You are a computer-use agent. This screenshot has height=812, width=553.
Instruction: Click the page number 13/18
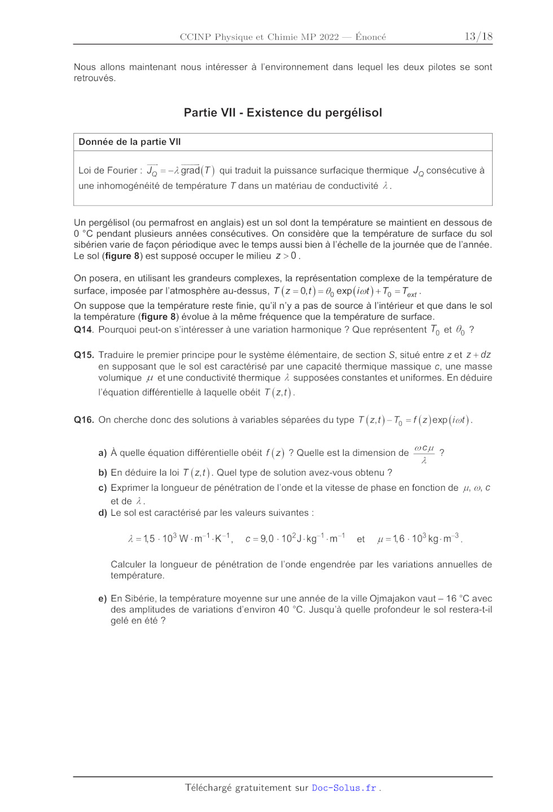pos(478,37)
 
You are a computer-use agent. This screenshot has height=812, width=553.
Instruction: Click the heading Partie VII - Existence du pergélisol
pos(283,113)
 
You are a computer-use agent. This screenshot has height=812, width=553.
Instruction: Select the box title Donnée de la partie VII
pos(130,142)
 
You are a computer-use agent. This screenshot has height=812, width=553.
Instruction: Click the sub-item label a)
pos(102,453)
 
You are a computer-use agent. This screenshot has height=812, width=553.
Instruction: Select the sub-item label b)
pos(102,473)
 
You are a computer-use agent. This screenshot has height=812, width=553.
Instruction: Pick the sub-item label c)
pos(102,488)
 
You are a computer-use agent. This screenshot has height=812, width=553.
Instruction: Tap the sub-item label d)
pos(102,513)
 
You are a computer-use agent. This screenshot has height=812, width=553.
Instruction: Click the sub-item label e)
pos(102,598)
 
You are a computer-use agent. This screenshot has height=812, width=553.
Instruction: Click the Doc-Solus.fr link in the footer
pos(344,788)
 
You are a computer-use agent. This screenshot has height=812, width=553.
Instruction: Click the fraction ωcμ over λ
pos(424,454)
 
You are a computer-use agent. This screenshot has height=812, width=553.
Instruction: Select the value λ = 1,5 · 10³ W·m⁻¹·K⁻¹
pos(179,539)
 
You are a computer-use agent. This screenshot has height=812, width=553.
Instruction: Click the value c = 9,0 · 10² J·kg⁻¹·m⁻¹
pos(295,539)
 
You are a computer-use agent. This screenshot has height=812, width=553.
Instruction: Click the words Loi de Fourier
pos(108,171)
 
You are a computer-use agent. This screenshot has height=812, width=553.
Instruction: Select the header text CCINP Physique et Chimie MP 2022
pos(259,37)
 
